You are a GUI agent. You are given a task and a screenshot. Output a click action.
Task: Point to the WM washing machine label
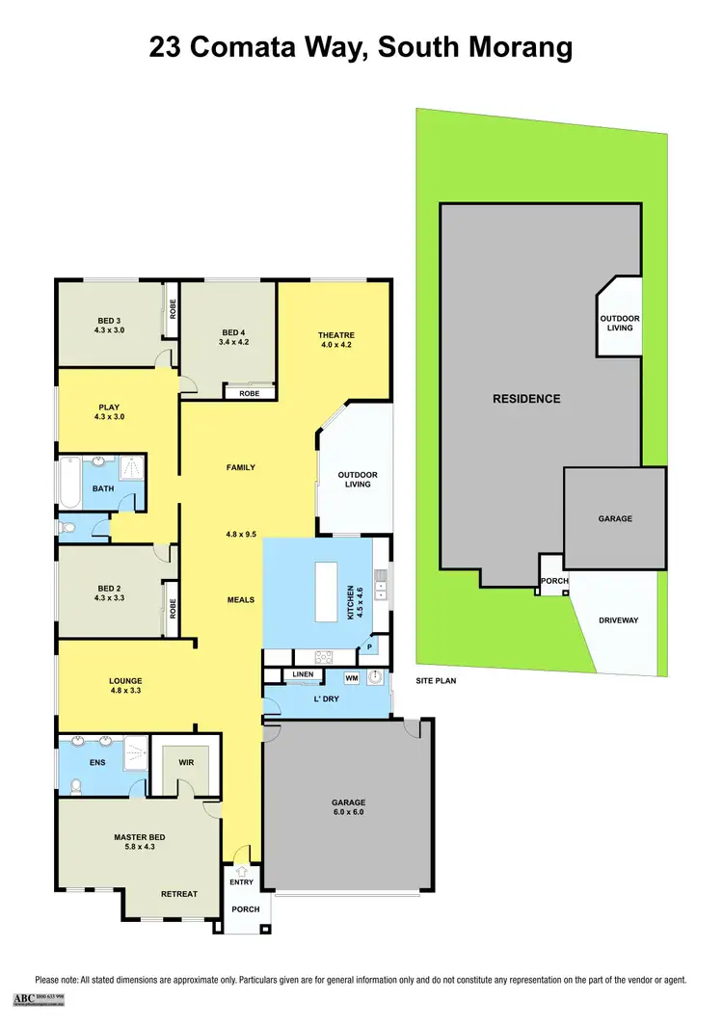pyautogui.click(x=351, y=678)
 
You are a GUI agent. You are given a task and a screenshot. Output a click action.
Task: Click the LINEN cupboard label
pyautogui.click(x=303, y=674)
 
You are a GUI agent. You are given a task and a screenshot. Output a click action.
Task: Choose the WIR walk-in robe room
pyautogui.click(x=185, y=762)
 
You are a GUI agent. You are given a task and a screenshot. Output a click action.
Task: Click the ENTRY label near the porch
pyautogui.click(x=241, y=881)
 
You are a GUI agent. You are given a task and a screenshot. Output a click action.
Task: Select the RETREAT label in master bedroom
pyautogui.click(x=179, y=894)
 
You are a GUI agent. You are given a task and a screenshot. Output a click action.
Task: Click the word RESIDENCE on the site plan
pyautogui.click(x=526, y=399)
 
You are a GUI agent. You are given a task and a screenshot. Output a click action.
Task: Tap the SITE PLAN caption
pyautogui.click(x=436, y=680)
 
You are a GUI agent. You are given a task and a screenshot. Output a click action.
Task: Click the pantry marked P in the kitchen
pyautogui.click(x=371, y=646)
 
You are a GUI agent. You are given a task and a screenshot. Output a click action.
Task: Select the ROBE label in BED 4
pyautogui.click(x=249, y=393)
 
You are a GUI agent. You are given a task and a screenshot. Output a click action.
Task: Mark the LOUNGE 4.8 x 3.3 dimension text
pyautogui.click(x=125, y=691)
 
